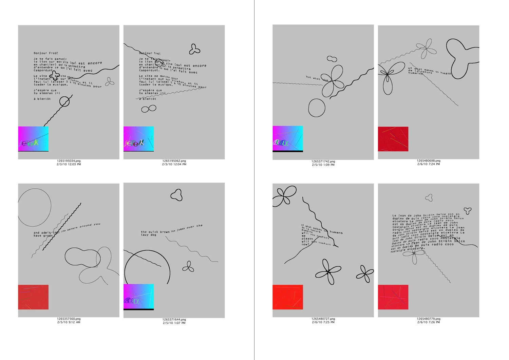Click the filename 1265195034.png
coord(69,161)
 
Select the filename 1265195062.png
coord(174,161)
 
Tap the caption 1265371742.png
coord(323,162)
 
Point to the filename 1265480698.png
coord(429,161)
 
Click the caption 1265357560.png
coord(69,319)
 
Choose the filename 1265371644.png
coord(174,320)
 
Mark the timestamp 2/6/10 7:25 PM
coord(323,322)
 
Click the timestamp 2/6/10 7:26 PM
coord(429,322)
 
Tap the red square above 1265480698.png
coord(393,139)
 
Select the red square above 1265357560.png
coord(33,297)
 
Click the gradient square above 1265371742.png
coord(288,138)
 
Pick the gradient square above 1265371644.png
coord(138,297)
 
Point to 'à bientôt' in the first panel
coord(42,99)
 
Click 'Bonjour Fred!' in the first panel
coord(46,53)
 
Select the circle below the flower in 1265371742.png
coord(317,108)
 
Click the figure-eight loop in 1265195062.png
coord(149,109)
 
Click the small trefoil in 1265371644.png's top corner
coord(177,195)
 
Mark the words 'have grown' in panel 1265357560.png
coord(43,235)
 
